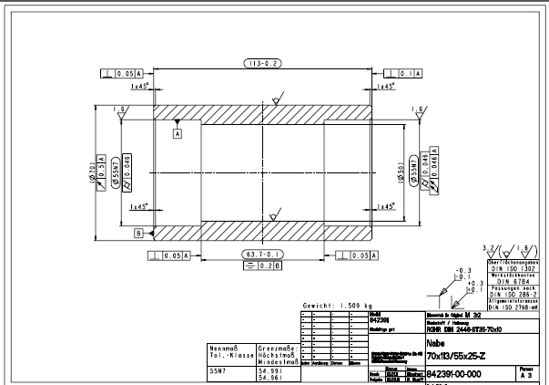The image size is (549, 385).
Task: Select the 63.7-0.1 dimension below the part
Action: tap(261, 254)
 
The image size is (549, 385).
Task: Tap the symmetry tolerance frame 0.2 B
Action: tap(261, 265)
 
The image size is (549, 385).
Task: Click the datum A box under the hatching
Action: tap(178, 132)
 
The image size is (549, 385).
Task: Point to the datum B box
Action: tap(139, 233)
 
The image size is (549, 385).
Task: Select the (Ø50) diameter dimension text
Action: tap(401, 172)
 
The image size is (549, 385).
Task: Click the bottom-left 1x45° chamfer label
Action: tap(139, 207)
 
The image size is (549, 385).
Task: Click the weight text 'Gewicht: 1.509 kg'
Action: tap(341, 306)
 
